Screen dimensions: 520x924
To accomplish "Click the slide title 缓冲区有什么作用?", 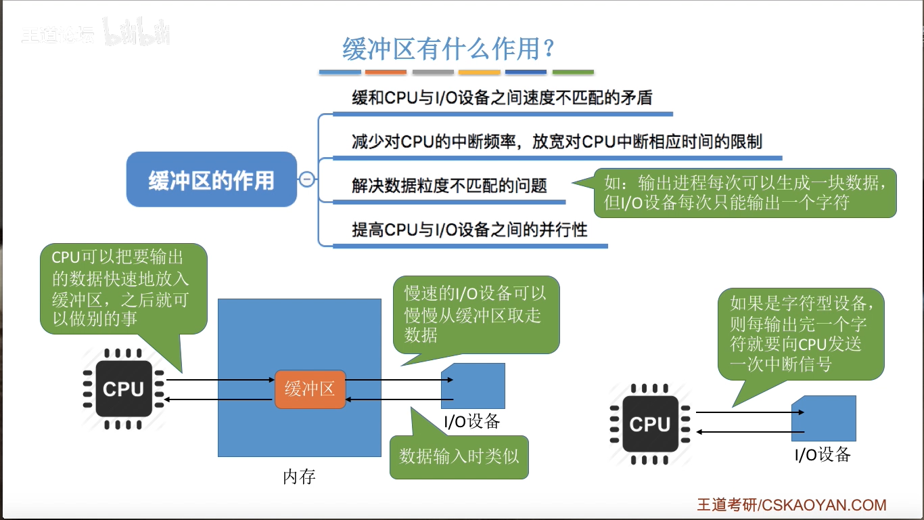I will click(x=448, y=49).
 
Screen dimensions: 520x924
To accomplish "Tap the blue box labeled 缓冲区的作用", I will click(x=212, y=179).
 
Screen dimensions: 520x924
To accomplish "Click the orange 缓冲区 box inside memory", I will click(x=310, y=389).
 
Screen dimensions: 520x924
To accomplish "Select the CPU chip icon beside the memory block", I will click(x=124, y=389).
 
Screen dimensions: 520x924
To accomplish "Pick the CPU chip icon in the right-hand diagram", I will click(x=649, y=425).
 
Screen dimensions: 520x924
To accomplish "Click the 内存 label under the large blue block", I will click(x=299, y=477).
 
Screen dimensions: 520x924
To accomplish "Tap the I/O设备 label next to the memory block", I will click(x=472, y=421).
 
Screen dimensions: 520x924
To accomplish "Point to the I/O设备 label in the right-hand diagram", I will click(x=823, y=454).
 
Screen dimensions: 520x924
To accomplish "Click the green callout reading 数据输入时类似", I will click(x=459, y=456).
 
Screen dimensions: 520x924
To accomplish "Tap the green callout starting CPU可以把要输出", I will click(x=123, y=288).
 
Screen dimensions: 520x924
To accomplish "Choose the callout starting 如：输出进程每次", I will click(x=745, y=192).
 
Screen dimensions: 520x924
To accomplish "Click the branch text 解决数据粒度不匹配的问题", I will click(x=449, y=186).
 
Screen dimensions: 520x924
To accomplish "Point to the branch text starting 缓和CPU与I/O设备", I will click(x=502, y=97).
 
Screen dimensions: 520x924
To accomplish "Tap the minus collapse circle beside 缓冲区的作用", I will click(x=306, y=179).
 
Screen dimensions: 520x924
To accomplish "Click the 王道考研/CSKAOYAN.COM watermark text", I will click(x=791, y=505).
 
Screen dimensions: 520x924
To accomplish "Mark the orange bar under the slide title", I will click(x=386, y=72).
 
